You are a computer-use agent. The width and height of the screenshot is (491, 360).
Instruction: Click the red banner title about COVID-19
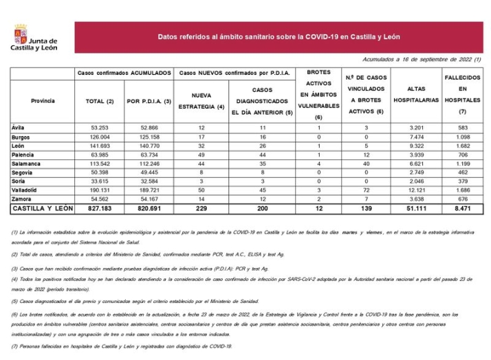pos(279,37)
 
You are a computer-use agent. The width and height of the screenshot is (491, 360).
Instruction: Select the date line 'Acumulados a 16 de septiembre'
pos(422,60)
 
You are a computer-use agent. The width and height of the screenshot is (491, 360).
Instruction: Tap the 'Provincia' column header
pos(43,101)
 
